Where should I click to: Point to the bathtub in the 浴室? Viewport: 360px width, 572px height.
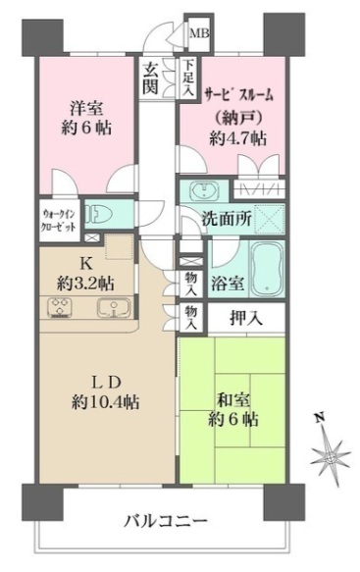pos(264,264)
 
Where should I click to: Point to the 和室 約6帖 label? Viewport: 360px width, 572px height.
pos(232,409)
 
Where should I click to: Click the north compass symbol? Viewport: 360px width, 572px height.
pos(329,451)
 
